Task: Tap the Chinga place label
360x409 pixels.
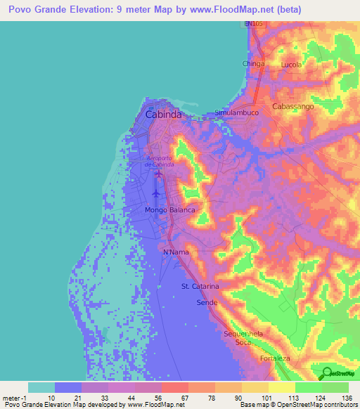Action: coord(253,64)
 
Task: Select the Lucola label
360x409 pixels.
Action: coord(291,65)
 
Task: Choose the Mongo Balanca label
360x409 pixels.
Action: coord(169,210)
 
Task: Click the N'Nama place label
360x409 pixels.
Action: coord(175,252)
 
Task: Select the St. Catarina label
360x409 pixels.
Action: coord(200,287)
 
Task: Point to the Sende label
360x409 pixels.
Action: coord(207,301)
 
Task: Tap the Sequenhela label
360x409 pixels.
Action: coord(243,334)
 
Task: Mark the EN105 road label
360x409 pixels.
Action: coord(254,24)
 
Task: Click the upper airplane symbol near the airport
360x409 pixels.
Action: coord(158,174)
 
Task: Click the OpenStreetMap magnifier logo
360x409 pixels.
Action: coord(326,372)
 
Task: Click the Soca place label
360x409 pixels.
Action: coord(243,343)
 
